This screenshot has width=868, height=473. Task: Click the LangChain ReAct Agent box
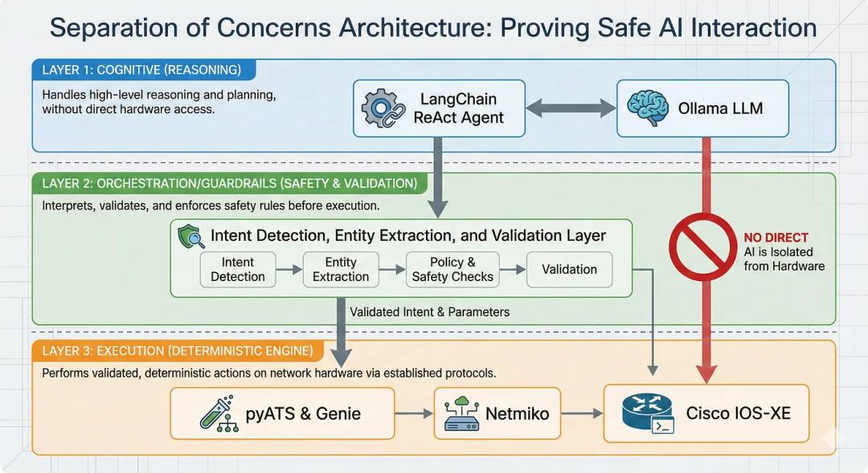(439, 108)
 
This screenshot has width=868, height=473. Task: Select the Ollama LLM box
(702, 108)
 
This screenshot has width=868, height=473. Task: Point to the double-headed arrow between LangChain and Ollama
(571, 108)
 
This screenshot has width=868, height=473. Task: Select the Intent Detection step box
(237, 270)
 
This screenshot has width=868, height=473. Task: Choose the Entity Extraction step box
(341, 270)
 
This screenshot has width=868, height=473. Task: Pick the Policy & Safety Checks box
(452, 270)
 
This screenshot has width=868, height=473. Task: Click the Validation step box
(569, 270)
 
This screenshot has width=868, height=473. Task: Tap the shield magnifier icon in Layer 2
(191, 235)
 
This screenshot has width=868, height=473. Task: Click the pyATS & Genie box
(282, 414)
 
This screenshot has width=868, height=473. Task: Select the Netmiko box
(497, 414)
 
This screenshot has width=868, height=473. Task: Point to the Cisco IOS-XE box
(706, 414)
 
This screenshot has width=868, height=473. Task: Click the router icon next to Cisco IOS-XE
(647, 413)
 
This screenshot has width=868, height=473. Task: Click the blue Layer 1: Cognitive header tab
(143, 70)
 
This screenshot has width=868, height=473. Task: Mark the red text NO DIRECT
(776, 238)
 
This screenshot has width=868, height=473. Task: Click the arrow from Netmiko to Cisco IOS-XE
(582, 414)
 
